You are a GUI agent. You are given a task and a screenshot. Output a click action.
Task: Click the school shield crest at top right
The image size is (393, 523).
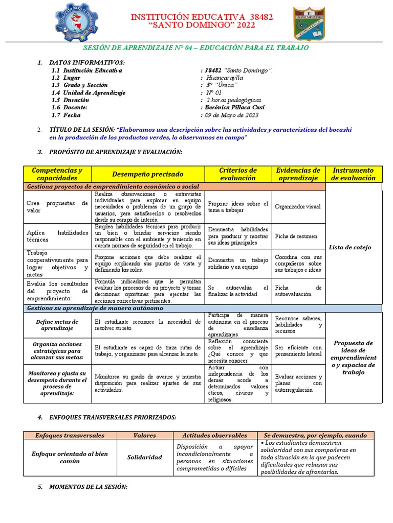(308, 23)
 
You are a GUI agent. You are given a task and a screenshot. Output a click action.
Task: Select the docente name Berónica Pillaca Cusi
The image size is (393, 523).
(231, 107)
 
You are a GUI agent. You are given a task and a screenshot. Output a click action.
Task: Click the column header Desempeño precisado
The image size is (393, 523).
(148, 174)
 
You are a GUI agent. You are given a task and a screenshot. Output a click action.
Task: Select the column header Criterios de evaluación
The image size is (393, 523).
(237, 174)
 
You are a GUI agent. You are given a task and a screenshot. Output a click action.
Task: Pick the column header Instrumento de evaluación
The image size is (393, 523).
(353, 174)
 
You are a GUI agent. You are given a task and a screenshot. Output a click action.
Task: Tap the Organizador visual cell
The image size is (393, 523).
(297, 207)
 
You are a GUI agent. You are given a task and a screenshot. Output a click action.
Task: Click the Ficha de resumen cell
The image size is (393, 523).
(296, 236)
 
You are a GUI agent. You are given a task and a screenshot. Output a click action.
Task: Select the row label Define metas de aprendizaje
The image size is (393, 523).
(57, 325)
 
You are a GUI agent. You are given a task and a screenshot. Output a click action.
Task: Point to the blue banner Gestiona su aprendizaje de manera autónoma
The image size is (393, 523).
(95, 308)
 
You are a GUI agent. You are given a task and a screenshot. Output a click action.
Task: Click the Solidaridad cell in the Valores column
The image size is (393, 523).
(144, 457)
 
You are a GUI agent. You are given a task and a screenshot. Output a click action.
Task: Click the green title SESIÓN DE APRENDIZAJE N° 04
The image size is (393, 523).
(196, 47)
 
